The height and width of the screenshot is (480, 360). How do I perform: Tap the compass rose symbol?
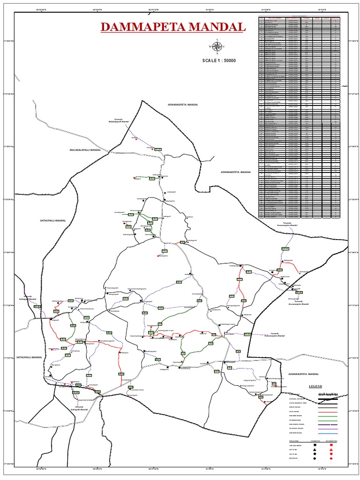tap(217, 46)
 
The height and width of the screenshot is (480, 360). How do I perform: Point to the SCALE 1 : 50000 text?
tap(219, 60)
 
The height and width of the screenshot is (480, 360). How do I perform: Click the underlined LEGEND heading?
tap(315, 386)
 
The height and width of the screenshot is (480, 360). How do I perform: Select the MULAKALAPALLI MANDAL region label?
tap(82, 150)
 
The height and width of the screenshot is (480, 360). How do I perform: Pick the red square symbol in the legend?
tap(331, 445)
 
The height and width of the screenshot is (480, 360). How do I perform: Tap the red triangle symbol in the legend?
tap(331, 450)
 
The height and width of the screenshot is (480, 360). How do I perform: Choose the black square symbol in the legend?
tap(315, 445)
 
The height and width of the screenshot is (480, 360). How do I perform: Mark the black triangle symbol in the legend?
tap(315, 450)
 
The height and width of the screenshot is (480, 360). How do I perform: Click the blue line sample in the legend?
tap(328, 433)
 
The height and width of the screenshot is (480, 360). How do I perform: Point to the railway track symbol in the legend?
tap(328, 395)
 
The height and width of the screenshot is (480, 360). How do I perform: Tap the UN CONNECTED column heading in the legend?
tap(331, 441)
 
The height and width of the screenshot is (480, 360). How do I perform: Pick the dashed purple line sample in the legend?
tap(328, 425)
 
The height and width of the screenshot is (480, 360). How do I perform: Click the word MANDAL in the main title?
tap(219, 27)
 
